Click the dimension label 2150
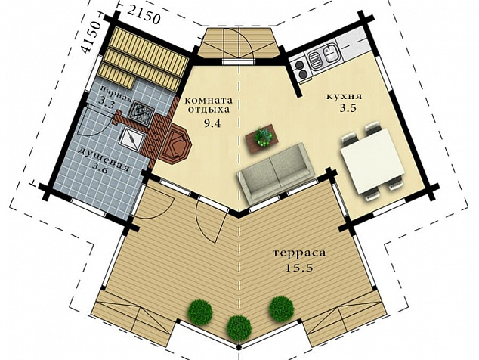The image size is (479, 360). pyautogui.click(x=144, y=15)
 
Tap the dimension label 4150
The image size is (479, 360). pyautogui.click(x=91, y=38)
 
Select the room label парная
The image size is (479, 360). pyautogui.click(x=116, y=94)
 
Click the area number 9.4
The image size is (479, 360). pyautogui.click(x=212, y=123)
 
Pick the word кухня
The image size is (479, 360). pyautogui.click(x=345, y=96)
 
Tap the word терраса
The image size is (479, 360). pyautogui.click(x=299, y=253)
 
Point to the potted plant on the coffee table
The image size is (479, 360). pyautogui.click(x=263, y=137)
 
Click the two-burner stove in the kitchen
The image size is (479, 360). pyautogui.click(x=300, y=70)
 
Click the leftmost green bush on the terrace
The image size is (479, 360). pyautogui.click(x=200, y=312)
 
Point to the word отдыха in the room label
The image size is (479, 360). pyautogui.click(x=209, y=110)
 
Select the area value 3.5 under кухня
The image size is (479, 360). pyautogui.click(x=348, y=109)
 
